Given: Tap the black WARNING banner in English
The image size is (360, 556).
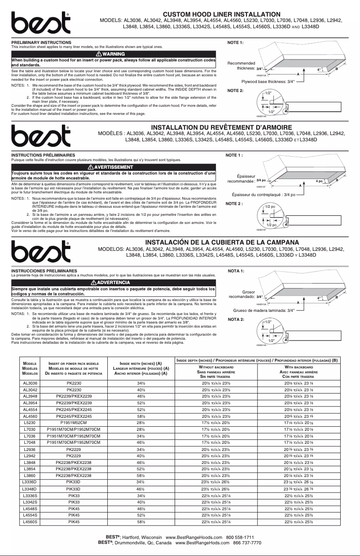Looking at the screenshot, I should (x=114, y=54).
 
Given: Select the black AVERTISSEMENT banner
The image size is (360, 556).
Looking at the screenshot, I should (x=114, y=167).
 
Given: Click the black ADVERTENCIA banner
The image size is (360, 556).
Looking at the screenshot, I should (x=114, y=282).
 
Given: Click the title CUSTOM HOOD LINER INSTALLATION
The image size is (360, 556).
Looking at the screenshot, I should (x=221, y=15).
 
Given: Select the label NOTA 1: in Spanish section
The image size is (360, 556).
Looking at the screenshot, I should (x=236, y=271).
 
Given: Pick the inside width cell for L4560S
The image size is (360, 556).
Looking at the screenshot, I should (x=140, y=522).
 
